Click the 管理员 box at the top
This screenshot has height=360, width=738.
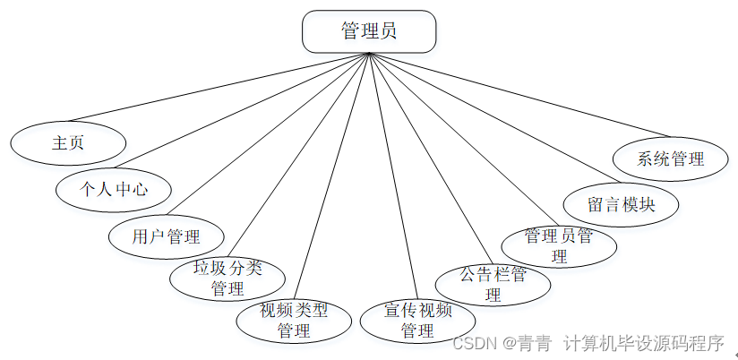(x=369, y=31)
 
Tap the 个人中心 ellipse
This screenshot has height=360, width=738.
(x=114, y=189)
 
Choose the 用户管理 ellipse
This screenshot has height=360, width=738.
(x=166, y=236)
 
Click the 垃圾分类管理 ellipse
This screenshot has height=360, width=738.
(x=227, y=278)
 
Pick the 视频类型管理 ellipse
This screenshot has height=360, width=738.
(x=294, y=321)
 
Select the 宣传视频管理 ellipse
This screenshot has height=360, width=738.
(x=417, y=321)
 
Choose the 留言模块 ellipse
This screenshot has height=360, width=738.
(x=622, y=204)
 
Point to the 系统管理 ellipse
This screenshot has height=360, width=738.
(x=671, y=159)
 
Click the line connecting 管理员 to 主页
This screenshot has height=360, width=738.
(x=219, y=87)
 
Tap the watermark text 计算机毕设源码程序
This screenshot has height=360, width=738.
(x=643, y=343)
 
